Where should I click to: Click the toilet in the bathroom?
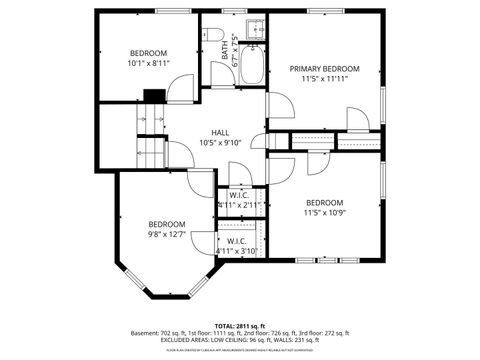(216, 36)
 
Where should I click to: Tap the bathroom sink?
(254, 28)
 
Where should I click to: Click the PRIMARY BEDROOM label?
(324, 69)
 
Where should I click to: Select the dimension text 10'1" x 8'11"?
(148, 63)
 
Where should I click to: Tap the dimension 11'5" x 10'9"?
(324, 212)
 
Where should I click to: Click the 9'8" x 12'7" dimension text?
(167, 234)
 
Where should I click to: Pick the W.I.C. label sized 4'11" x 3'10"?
(237, 241)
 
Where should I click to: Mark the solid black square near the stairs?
(153, 96)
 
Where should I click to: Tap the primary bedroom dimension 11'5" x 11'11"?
(324, 80)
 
